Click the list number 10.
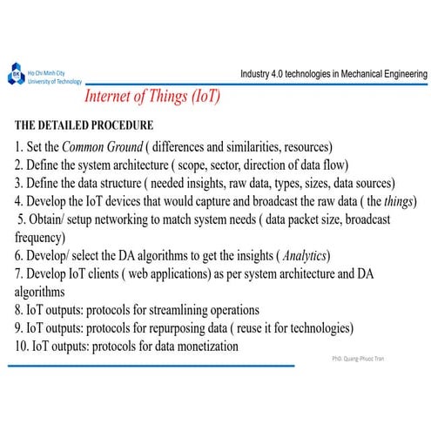21,347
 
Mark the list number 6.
19,256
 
